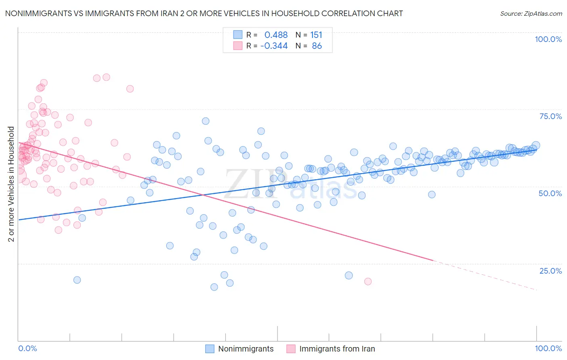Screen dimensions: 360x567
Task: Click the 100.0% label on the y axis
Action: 548,39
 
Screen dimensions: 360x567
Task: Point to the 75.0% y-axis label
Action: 550,116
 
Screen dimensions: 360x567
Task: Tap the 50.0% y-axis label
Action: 550,193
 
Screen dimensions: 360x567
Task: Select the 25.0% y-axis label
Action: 550,270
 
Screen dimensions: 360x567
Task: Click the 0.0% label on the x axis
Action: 27,348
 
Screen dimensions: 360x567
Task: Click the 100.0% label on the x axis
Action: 548,348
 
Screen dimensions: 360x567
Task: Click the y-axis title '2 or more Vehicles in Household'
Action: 11,184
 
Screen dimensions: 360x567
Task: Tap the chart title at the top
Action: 204,13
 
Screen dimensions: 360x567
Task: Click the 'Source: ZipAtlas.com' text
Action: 531,13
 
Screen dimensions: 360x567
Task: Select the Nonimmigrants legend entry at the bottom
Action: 246,349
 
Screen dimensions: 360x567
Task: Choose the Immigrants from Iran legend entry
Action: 337,349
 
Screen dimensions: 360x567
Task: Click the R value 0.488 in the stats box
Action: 276,35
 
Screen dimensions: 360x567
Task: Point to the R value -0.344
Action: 274,46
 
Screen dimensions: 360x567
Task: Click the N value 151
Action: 316,35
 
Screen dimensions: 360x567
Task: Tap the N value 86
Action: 317,46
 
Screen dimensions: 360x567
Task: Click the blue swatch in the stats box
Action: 238,35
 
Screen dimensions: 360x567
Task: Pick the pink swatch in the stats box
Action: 238,46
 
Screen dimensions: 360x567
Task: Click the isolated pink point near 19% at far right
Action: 368,281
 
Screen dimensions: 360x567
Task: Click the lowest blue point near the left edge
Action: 77,280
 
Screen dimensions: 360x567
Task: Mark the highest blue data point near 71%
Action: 206,121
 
